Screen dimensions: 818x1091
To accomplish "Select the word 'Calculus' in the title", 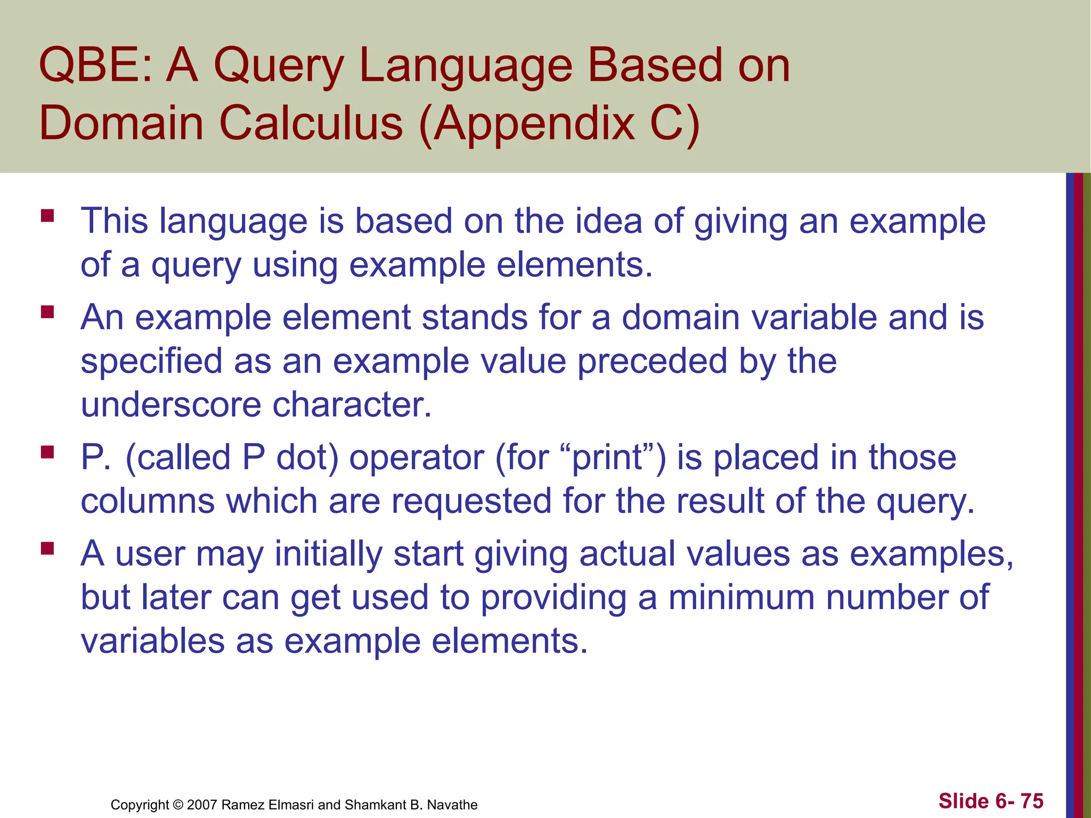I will click(311, 124).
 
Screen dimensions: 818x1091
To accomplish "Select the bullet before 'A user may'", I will click(47, 548).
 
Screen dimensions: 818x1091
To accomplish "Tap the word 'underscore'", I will click(170, 404).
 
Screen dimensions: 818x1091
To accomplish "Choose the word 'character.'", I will click(352, 404).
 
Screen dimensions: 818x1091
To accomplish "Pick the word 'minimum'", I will click(742, 597).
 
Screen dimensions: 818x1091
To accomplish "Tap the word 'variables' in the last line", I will click(152, 641).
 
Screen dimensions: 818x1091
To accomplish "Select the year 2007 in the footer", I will click(202, 805).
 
